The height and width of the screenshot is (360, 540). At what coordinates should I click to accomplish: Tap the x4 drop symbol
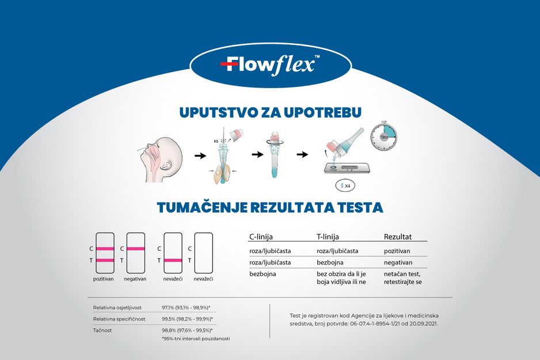[345, 185]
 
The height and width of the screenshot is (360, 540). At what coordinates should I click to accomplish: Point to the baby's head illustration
[161, 160]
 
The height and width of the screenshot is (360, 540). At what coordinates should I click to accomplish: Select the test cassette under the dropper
[347, 168]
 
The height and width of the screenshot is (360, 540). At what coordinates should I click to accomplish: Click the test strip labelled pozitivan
[105, 253]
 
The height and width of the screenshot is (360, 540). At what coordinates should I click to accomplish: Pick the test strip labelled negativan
[136, 253]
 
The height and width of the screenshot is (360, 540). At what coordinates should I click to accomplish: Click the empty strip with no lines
[204, 253]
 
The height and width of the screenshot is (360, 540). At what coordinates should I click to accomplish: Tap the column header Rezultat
[398, 237]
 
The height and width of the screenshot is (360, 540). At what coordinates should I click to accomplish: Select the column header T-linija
[328, 237]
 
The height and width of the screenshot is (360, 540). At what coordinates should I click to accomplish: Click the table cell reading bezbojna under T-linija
[330, 263]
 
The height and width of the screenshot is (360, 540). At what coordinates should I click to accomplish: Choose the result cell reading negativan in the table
[398, 263]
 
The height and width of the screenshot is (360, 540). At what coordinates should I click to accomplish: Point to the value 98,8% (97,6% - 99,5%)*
[187, 331]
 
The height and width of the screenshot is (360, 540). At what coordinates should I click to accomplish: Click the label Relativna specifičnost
[119, 319]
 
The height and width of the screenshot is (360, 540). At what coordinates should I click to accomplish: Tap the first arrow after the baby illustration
[200, 156]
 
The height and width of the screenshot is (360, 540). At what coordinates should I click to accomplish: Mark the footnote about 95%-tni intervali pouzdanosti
[196, 339]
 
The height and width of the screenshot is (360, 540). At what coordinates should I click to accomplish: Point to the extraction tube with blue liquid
[274, 155]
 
